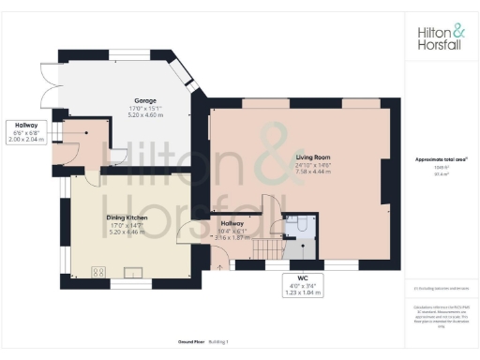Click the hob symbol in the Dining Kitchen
coord(97,273)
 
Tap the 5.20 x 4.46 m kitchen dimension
coord(127,231)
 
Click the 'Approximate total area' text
coord(440,160)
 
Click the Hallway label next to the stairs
coord(232,223)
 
